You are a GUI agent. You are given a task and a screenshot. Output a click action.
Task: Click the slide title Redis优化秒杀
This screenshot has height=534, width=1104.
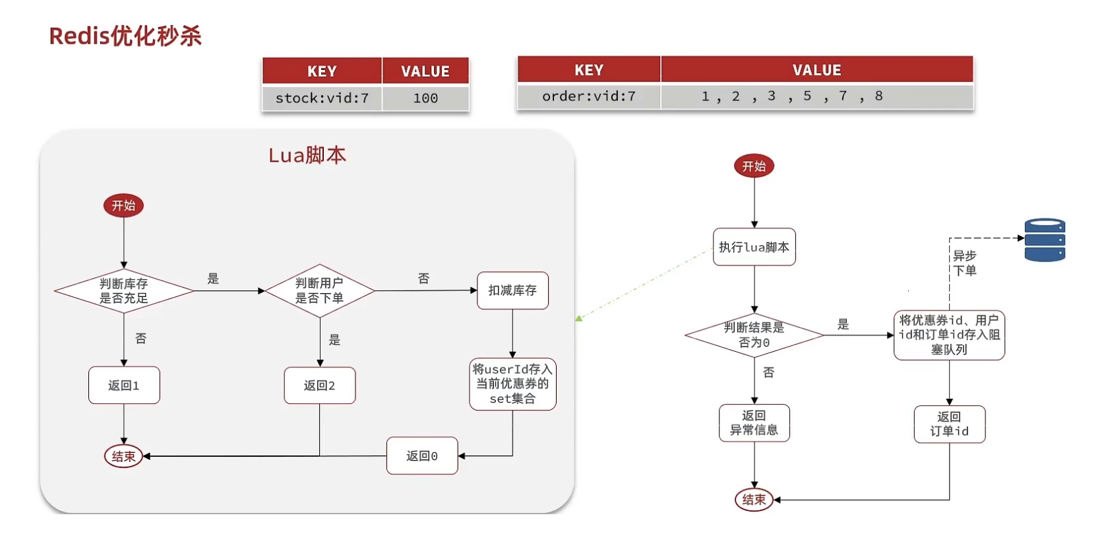coord(125,36)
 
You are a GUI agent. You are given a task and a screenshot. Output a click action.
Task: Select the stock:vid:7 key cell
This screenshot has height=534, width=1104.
coord(322,98)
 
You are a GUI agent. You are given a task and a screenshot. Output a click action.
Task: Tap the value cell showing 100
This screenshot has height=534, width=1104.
coord(425,98)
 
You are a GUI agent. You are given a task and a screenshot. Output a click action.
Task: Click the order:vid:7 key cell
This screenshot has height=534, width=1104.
coord(589,96)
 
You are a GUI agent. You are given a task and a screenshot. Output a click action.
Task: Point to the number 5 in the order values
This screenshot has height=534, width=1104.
coord(807,96)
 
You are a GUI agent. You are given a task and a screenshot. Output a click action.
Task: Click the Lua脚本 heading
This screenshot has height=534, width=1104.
coord(307,155)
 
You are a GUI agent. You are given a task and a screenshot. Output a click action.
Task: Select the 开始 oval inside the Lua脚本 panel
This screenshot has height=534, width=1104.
coord(123,205)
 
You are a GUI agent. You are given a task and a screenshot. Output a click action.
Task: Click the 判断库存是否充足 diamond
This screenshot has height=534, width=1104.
coord(124,291)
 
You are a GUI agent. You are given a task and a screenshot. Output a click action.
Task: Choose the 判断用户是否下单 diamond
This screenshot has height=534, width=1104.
coord(319,291)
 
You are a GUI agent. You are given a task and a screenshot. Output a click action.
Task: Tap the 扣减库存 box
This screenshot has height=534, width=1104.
coord(512,290)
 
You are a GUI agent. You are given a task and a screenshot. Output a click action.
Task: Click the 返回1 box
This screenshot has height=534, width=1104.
coord(124,385)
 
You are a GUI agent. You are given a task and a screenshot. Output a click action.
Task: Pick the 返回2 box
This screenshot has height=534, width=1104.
coord(319,385)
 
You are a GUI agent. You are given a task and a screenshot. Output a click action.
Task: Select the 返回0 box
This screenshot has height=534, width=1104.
coord(422,455)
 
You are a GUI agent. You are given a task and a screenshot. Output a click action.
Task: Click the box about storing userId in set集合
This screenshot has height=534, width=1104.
coord(512,384)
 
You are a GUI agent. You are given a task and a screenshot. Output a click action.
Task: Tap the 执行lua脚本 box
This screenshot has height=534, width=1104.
coord(754,247)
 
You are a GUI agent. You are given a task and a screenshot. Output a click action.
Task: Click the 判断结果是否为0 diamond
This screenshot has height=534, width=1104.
coord(754,335)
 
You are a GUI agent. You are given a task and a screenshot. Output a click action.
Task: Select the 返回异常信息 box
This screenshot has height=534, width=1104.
coord(754,423)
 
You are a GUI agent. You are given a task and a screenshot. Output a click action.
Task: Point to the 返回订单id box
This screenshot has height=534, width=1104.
coord(949,424)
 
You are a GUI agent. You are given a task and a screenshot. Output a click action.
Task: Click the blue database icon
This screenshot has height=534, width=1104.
coord(1045,240)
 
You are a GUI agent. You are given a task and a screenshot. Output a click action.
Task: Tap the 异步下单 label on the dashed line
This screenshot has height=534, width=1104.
coord(965,263)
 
